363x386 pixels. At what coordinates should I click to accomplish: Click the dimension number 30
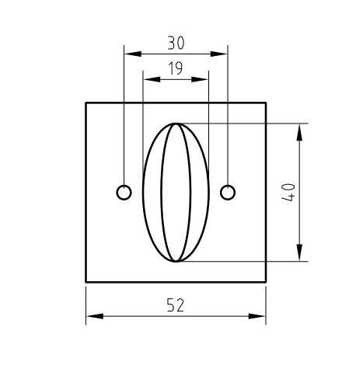click(x=176, y=43)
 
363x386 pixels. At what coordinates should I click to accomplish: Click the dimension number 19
click(x=176, y=68)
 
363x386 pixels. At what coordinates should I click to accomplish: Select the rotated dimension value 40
click(x=288, y=192)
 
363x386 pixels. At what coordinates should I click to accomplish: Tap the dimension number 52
click(x=176, y=305)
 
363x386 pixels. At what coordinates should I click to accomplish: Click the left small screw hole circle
click(x=124, y=192)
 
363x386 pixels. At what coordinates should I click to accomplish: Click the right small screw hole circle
click(x=228, y=192)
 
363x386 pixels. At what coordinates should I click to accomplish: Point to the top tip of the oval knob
click(x=176, y=123)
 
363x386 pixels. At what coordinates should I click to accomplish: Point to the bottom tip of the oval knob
click(x=176, y=261)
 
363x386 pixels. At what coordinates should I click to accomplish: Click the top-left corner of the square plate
click(x=86, y=103)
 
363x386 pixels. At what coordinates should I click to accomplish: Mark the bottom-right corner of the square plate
click(x=266, y=281)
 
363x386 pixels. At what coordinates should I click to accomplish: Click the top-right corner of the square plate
click(x=266, y=103)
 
